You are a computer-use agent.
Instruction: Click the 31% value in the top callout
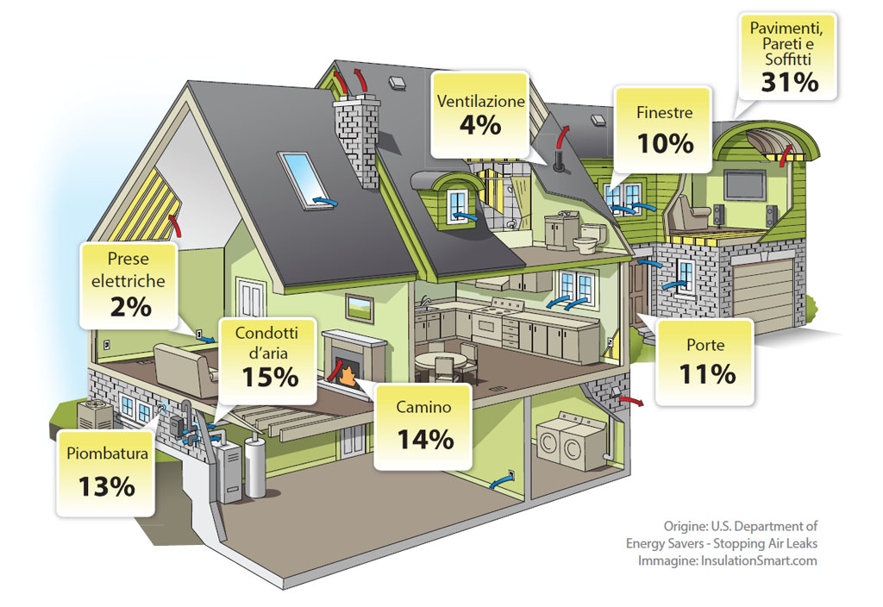tap(790, 82)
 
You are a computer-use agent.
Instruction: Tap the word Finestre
tap(665, 113)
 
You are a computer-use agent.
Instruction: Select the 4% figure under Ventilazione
tap(479, 124)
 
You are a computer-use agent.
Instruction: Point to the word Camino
tap(423, 407)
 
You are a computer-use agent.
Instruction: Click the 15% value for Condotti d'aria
tap(270, 378)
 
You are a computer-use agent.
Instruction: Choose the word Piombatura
tap(107, 454)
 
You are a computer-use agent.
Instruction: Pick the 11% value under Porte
tap(707, 374)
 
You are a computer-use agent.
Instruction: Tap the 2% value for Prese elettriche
tap(131, 307)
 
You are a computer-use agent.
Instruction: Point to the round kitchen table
tap(441, 363)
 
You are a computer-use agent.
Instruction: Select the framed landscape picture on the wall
tap(360, 309)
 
